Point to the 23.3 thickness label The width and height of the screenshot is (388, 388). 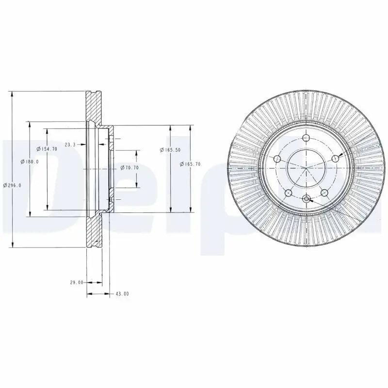tap(71, 144)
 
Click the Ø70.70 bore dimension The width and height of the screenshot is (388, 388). tap(129, 168)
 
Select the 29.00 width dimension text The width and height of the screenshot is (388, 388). tap(77, 282)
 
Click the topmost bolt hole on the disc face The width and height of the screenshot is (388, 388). tap(306, 139)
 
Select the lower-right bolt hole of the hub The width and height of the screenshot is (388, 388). tap(323, 192)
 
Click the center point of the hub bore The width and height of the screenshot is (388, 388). tap(306, 168)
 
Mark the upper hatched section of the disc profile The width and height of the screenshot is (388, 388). tap(94, 105)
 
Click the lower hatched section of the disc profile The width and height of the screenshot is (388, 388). tap(94, 231)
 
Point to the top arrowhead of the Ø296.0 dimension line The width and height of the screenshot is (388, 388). tap(12, 94)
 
